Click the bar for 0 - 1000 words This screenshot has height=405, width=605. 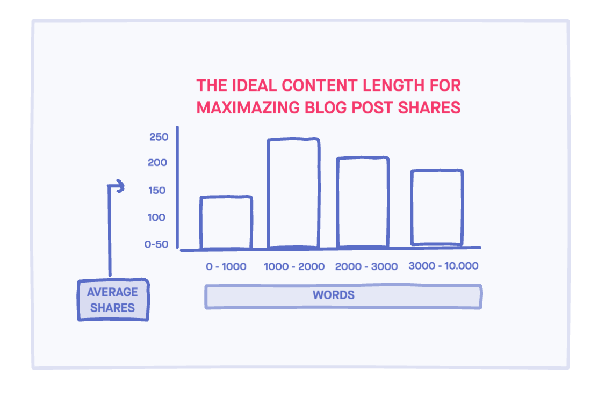click(226, 223)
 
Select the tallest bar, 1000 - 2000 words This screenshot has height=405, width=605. click(293, 193)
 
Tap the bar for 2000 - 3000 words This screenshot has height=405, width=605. click(363, 202)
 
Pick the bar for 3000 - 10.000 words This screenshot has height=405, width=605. click(437, 208)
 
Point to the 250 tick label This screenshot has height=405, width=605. click(159, 137)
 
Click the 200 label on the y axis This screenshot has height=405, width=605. click(158, 163)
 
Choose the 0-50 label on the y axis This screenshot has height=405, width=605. click(156, 244)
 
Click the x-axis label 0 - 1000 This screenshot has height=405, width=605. click(226, 267)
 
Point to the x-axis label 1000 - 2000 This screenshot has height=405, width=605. click(294, 267)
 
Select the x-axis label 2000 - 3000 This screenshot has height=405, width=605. click(366, 267)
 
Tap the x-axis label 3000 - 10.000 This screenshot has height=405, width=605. click(443, 266)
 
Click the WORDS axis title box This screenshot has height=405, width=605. click(343, 296)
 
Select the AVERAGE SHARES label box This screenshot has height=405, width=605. click(112, 300)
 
